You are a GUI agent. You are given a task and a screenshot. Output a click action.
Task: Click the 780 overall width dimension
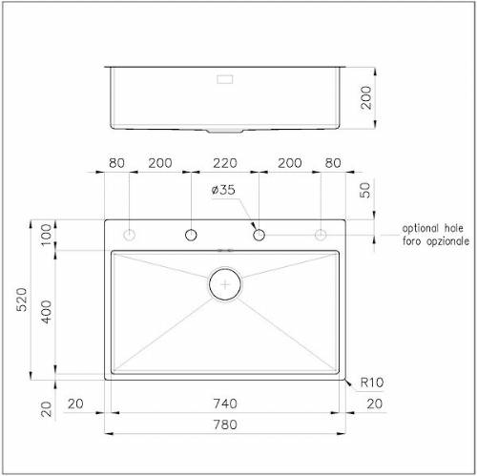pos(225,424)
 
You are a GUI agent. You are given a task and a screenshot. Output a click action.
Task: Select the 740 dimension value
pos(225,404)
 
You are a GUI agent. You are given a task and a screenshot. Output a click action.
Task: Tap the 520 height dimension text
pos(22,300)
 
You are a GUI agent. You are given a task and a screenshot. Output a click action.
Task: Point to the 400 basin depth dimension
pos(47,312)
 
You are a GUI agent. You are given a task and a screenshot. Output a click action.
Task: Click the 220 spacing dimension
pos(225,163)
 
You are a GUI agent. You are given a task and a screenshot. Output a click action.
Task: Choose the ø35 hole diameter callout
pos(223,190)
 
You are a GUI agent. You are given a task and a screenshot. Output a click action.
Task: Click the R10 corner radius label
pos(372,383)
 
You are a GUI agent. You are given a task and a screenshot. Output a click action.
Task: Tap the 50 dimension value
pos(365,190)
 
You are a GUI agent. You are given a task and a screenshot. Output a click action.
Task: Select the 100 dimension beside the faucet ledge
pos(47,235)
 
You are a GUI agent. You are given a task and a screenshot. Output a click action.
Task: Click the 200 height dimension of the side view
pos(366,97)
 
